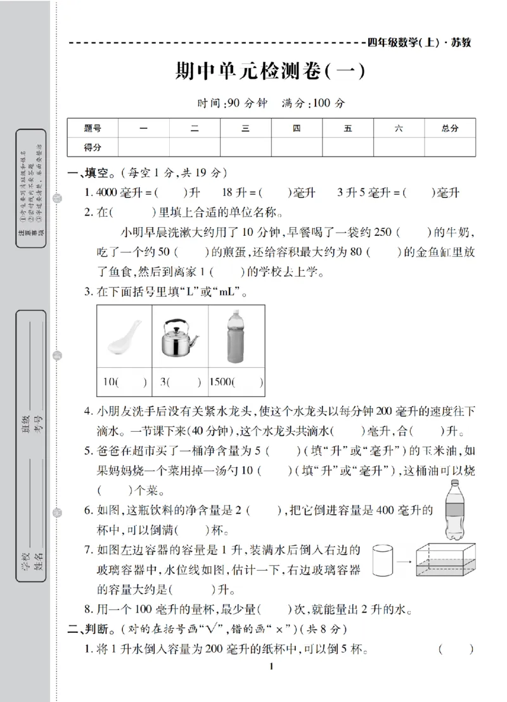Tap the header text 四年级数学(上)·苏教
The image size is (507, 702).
[x=419, y=42]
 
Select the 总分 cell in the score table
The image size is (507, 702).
[x=449, y=128]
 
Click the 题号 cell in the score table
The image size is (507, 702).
[x=93, y=128]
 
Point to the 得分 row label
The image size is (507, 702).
[x=93, y=147]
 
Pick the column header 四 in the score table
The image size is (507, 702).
[x=297, y=128]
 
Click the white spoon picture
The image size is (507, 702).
[x=124, y=337]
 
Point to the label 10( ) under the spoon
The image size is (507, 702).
[x=124, y=382]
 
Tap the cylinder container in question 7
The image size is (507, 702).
[x=383, y=561]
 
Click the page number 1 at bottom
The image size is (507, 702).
[x=271, y=683]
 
